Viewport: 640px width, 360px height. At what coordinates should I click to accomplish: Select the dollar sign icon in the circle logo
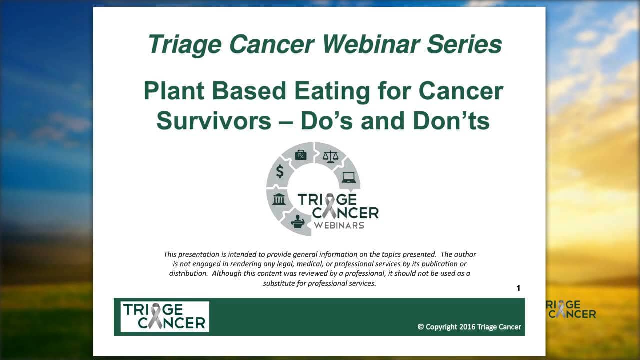(x=280, y=171)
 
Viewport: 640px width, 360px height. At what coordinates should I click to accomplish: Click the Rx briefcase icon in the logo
(x=301, y=155)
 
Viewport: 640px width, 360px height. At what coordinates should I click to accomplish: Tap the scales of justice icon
(x=330, y=157)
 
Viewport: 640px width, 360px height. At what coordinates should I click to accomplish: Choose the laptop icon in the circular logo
(x=348, y=177)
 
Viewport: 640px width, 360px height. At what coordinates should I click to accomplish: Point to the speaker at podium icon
(x=297, y=221)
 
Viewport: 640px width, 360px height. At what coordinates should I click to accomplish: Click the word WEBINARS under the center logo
(x=339, y=225)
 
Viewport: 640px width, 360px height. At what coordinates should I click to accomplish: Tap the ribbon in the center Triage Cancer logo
(x=329, y=206)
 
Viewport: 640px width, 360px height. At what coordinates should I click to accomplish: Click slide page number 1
(x=518, y=288)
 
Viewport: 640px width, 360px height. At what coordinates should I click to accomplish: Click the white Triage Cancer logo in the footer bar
(x=165, y=316)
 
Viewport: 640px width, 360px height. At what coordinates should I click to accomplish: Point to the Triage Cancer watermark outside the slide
(x=570, y=309)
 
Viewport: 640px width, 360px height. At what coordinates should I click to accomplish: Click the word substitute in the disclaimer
(x=279, y=283)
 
